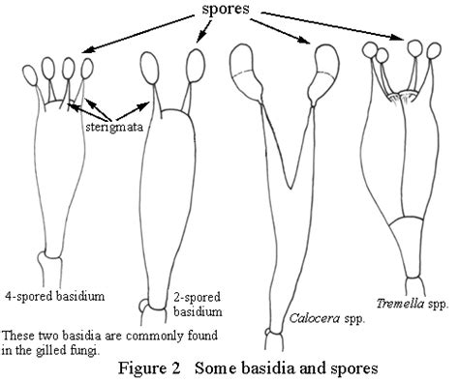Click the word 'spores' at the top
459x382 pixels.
click(226, 9)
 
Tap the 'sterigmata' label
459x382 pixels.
click(114, 127)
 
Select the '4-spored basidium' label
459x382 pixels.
click(55, 296)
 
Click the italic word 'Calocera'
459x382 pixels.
click(314, 318)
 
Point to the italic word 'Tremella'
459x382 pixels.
click(400, 303)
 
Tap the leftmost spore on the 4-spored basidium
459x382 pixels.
click(31, 75)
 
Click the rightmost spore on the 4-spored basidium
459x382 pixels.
click(87, 69)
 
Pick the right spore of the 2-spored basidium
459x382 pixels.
click(196, 66)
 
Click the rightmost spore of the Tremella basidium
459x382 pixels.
click(434, 51)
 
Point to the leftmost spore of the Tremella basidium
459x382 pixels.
click(370, 50)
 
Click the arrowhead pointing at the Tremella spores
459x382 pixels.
click(397, 37)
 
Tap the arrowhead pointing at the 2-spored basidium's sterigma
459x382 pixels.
click(145, 105)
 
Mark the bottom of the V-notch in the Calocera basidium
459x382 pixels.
click(291, 189)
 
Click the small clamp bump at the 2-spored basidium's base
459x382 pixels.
click(143, 305)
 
